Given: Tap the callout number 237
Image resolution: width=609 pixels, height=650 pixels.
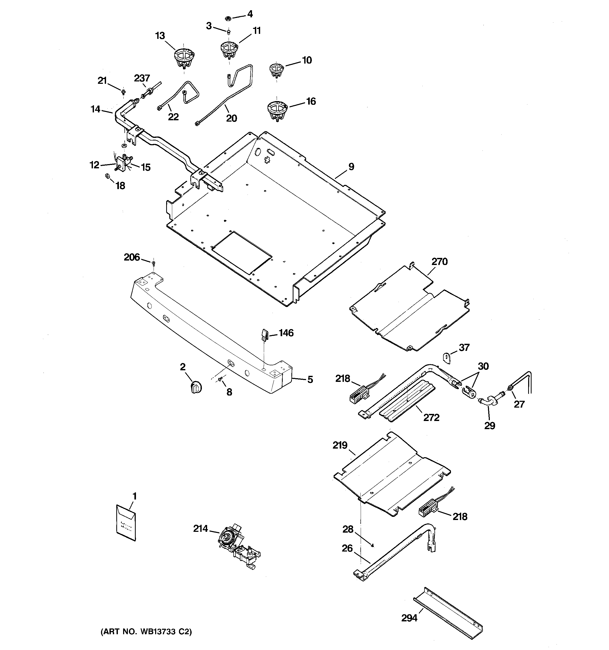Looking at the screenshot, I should [142, 79].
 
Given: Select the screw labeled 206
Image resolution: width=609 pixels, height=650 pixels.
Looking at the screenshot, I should [153, 263].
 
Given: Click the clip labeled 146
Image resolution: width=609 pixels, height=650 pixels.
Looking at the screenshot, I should [264, 335].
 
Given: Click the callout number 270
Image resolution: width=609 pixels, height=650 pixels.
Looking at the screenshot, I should [439, 262].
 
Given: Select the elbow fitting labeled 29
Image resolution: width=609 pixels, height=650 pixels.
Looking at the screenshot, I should [488, 402].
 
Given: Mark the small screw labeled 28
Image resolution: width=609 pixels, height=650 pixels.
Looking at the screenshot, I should [373, 545].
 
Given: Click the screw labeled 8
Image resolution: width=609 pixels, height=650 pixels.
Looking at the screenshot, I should [220, 379].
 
